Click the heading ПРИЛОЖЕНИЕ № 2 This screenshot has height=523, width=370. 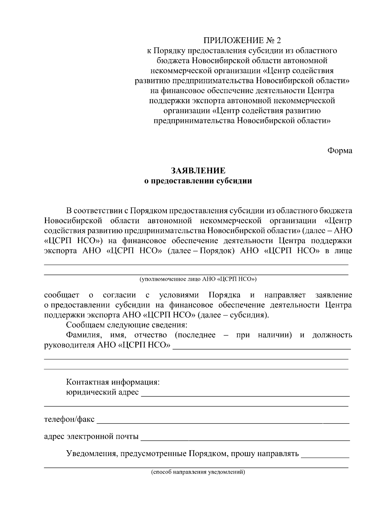(x=242, y=41)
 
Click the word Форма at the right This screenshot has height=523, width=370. (x=339, y=151)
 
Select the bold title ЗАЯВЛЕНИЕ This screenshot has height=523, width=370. (x=198, y=171)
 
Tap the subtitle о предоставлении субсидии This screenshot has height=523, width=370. (x=198, y=181)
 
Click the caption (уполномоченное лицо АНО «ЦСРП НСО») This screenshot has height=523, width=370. (x=198, y=280)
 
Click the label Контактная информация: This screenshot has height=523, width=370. (x=113, y=382)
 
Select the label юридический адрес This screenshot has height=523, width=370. (x=102, y=393)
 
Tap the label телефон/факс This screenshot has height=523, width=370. (x=69, y=419)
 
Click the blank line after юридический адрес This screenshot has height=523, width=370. (x=245, y=395)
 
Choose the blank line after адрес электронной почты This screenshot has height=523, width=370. (x=245, y=439)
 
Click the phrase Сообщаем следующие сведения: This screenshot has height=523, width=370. (x=127, y=325)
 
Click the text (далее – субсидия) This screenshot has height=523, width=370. (x=233, y=315)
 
